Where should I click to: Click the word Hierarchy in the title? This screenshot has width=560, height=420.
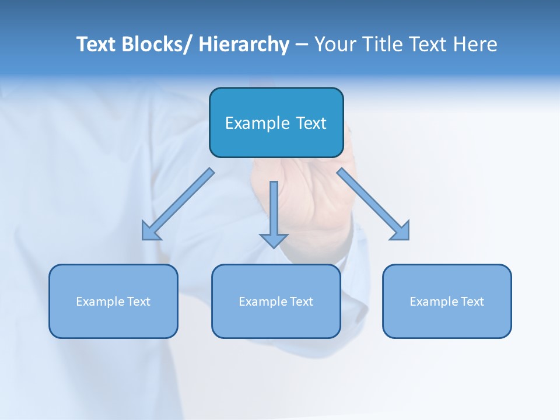tap(244, 44)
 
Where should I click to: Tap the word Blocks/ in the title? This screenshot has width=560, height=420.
tap(157, 44)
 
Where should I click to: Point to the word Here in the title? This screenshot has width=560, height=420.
tap(475, 44)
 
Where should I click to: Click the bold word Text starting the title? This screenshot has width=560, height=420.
tap(96, 44)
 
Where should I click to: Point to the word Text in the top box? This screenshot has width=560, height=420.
tap(310, 124)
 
